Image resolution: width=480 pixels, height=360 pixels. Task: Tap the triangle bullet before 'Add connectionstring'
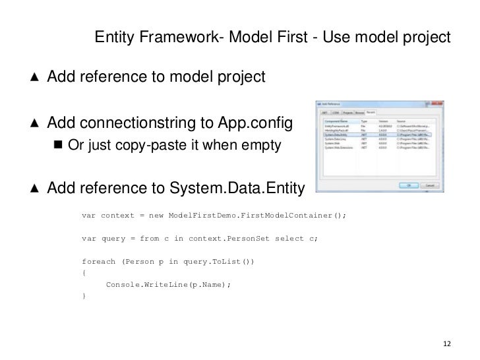pyautogui.click(x=34, y=124)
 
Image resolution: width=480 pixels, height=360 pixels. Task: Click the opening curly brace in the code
pyautogui.click(x=83, y=273)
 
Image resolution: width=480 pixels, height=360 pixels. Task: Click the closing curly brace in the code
pyautogui.click(x=83, y=296)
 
